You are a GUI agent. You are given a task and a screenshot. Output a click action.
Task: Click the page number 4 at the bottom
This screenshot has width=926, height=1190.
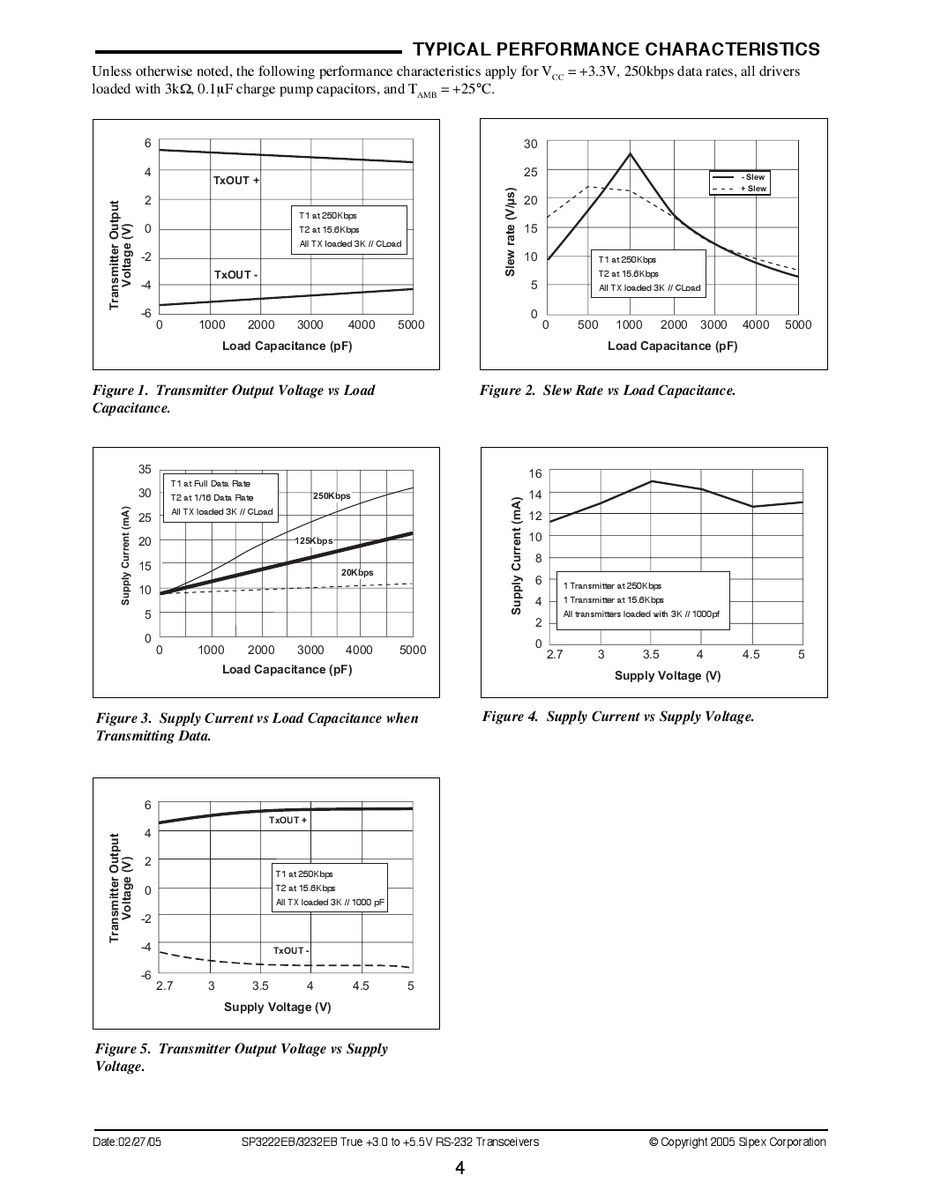(x=460, y=1169)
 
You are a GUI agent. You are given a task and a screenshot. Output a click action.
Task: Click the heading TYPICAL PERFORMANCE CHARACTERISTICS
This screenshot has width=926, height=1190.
(x=616, y=49)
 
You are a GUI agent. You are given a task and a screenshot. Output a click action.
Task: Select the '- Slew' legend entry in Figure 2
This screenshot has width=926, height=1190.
(x=752, y=177)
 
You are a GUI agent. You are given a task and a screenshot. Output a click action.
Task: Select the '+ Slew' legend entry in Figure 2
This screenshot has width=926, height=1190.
(x=752, y=189)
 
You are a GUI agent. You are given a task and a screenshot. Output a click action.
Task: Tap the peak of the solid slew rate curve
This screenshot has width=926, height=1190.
(x=630, y=153)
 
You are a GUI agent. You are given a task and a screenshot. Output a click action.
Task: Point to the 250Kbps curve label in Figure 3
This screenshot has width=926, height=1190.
(x=332, y=495)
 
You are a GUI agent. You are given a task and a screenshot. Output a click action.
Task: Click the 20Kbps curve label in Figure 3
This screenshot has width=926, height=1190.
(x=357, y=572)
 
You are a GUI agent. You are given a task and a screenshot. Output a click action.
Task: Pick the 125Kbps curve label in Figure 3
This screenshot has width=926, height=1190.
(x=313, y=540)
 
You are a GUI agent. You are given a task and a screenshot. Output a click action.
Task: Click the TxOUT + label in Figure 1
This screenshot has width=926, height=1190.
(x=236, y=181)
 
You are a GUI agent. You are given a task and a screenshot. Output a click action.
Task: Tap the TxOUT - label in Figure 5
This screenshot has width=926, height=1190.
(x=290, y=950)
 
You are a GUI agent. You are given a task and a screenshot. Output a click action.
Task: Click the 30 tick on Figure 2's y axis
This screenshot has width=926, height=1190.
(x=530, y=145)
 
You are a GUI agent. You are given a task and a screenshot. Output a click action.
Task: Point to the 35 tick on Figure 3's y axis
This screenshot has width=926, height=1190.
(x=146, y=469)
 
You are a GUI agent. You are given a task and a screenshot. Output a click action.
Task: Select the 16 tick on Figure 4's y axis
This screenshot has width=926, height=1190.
(x=535, y=473)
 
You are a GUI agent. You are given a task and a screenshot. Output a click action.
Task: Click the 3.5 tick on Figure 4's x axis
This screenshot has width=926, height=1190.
(x=651, y=655)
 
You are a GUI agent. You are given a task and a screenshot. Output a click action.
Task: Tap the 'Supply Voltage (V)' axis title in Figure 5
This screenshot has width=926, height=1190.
(x=278, y=1007)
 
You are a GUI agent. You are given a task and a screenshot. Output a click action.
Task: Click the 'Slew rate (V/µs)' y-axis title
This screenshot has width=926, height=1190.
(x=510, y=232)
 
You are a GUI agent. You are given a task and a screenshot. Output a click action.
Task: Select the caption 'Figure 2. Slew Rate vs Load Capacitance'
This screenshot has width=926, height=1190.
(x=608, y=390)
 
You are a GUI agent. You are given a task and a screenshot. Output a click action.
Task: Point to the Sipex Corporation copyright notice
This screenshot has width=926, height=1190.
(x=737, y=1142)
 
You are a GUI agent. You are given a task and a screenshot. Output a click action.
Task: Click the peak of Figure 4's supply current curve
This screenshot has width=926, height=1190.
(x=651, y=481)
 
